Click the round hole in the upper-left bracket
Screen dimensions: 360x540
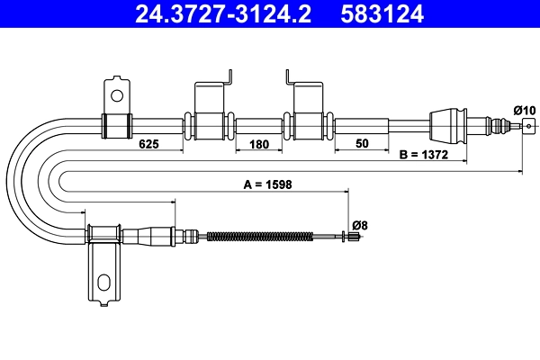click(116, 93)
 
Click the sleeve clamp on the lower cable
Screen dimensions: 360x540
click(104, 235)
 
